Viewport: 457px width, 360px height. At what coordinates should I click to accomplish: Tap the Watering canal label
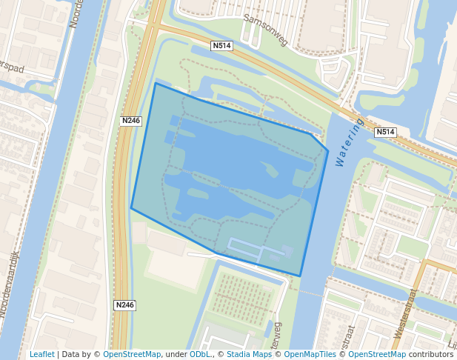click(350, 141)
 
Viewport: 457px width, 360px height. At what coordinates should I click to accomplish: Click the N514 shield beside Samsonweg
click(221, 46)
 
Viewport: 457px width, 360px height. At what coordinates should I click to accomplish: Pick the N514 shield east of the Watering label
click(384, 132)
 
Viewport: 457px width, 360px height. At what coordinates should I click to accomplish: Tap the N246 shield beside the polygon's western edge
click(131, 120)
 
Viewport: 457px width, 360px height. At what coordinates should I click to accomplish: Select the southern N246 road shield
click(125, 304)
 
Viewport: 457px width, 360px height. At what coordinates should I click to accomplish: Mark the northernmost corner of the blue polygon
click(156, 83)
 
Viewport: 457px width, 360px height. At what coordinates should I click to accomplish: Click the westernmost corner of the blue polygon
click(131, 208)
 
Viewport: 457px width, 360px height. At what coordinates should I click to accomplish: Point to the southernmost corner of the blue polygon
click(300, 276)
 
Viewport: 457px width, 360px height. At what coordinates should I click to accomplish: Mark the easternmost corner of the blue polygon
click(328, 151)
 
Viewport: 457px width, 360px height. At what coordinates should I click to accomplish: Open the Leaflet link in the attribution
click(41, 354)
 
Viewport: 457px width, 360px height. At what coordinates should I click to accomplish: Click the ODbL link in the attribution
click(200, 354)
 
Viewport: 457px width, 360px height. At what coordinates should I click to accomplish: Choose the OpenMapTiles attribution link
click(307, 354)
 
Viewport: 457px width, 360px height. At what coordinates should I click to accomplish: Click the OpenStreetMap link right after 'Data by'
click(132, 354)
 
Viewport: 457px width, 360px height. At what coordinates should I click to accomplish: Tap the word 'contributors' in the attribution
click(430, 354)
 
